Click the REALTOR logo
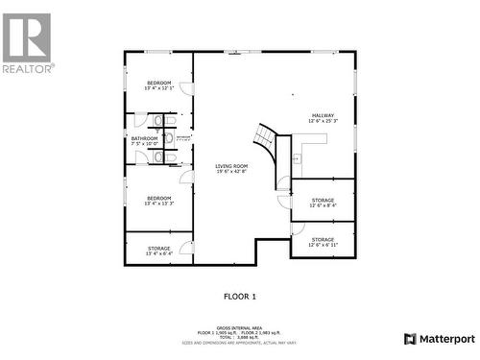point(28,42)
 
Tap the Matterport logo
point(440,339)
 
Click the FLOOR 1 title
point(240,297)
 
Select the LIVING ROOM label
point(231,166)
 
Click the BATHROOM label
point(144,138)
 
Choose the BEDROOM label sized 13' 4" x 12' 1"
point(158,84)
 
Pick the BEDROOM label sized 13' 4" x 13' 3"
point(158,198)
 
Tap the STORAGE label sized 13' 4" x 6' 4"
point(158,249)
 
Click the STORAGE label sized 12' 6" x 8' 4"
point(323,200)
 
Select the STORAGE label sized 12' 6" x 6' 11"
point(323,239)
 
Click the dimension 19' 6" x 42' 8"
point(231,172)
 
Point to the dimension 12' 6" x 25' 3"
point(323,122)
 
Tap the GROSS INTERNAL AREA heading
point(240,326)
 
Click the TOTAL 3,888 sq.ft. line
point(240,337)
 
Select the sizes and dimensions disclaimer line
point(240,343)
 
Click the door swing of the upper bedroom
point(186,89)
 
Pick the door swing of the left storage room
point(186,248)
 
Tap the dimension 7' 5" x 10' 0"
point(144,144)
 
